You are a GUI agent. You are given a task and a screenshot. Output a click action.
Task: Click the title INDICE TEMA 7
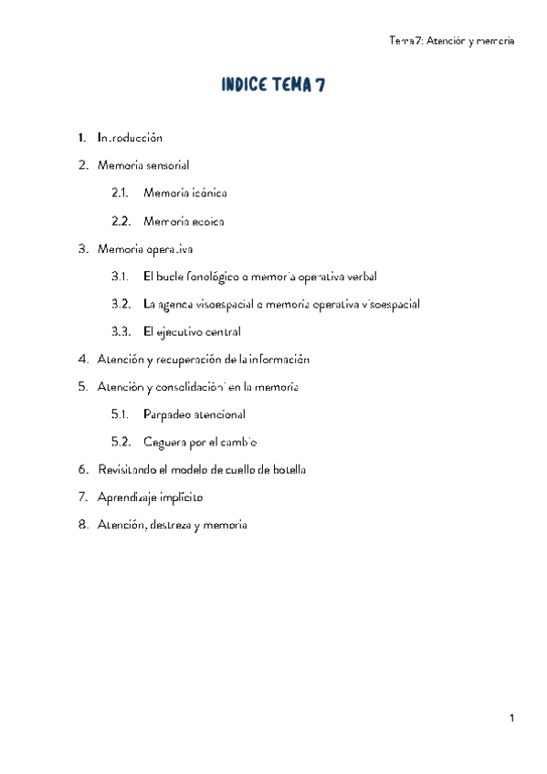(273, 87)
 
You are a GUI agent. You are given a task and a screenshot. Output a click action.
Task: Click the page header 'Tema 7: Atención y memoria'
(452, 41)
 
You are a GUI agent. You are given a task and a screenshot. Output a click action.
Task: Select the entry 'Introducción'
(130, 138)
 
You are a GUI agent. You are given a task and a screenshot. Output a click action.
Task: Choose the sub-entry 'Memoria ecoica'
(184, 221)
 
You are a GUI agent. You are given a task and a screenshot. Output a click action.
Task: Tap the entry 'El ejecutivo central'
(192, 331)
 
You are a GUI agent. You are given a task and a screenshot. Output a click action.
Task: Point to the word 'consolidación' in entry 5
(190, 387)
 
